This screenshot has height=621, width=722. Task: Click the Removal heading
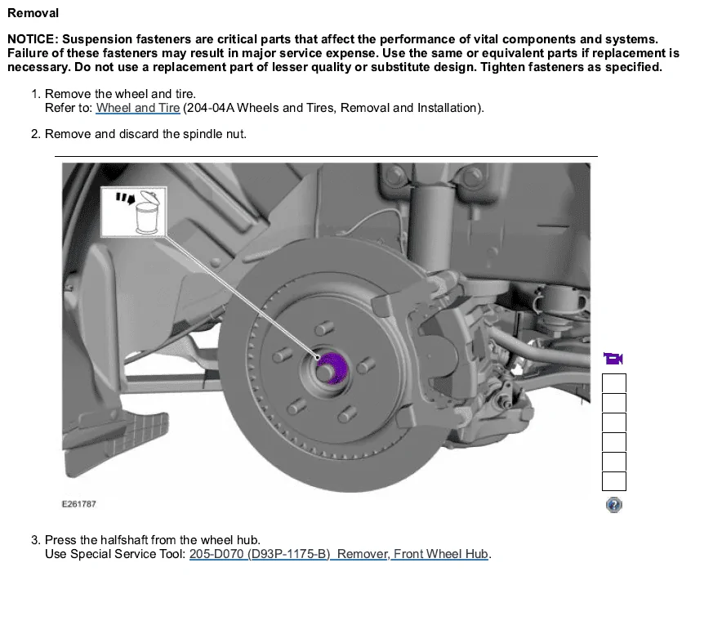click(33, 13)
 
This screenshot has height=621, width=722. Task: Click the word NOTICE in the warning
click(30, 39)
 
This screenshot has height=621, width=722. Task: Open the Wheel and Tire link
click(138, 108)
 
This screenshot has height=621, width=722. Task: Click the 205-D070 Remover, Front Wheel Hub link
click(338, 554)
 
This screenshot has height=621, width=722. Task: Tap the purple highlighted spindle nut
click(332, 368)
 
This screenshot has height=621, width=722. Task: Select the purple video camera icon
click(613, 359)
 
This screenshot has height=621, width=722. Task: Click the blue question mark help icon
click(614, 505)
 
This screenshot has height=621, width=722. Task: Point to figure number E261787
click(78, 504)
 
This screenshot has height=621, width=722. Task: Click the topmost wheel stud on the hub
click(324, 328)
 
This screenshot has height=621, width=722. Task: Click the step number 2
click(35, 134)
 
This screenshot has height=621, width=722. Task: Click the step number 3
click(35, 540)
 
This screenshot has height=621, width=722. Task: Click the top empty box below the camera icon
click(614, 383)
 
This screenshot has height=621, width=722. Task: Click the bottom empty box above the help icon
click(614, 481)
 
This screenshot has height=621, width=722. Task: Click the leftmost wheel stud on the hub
click(283, 355)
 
